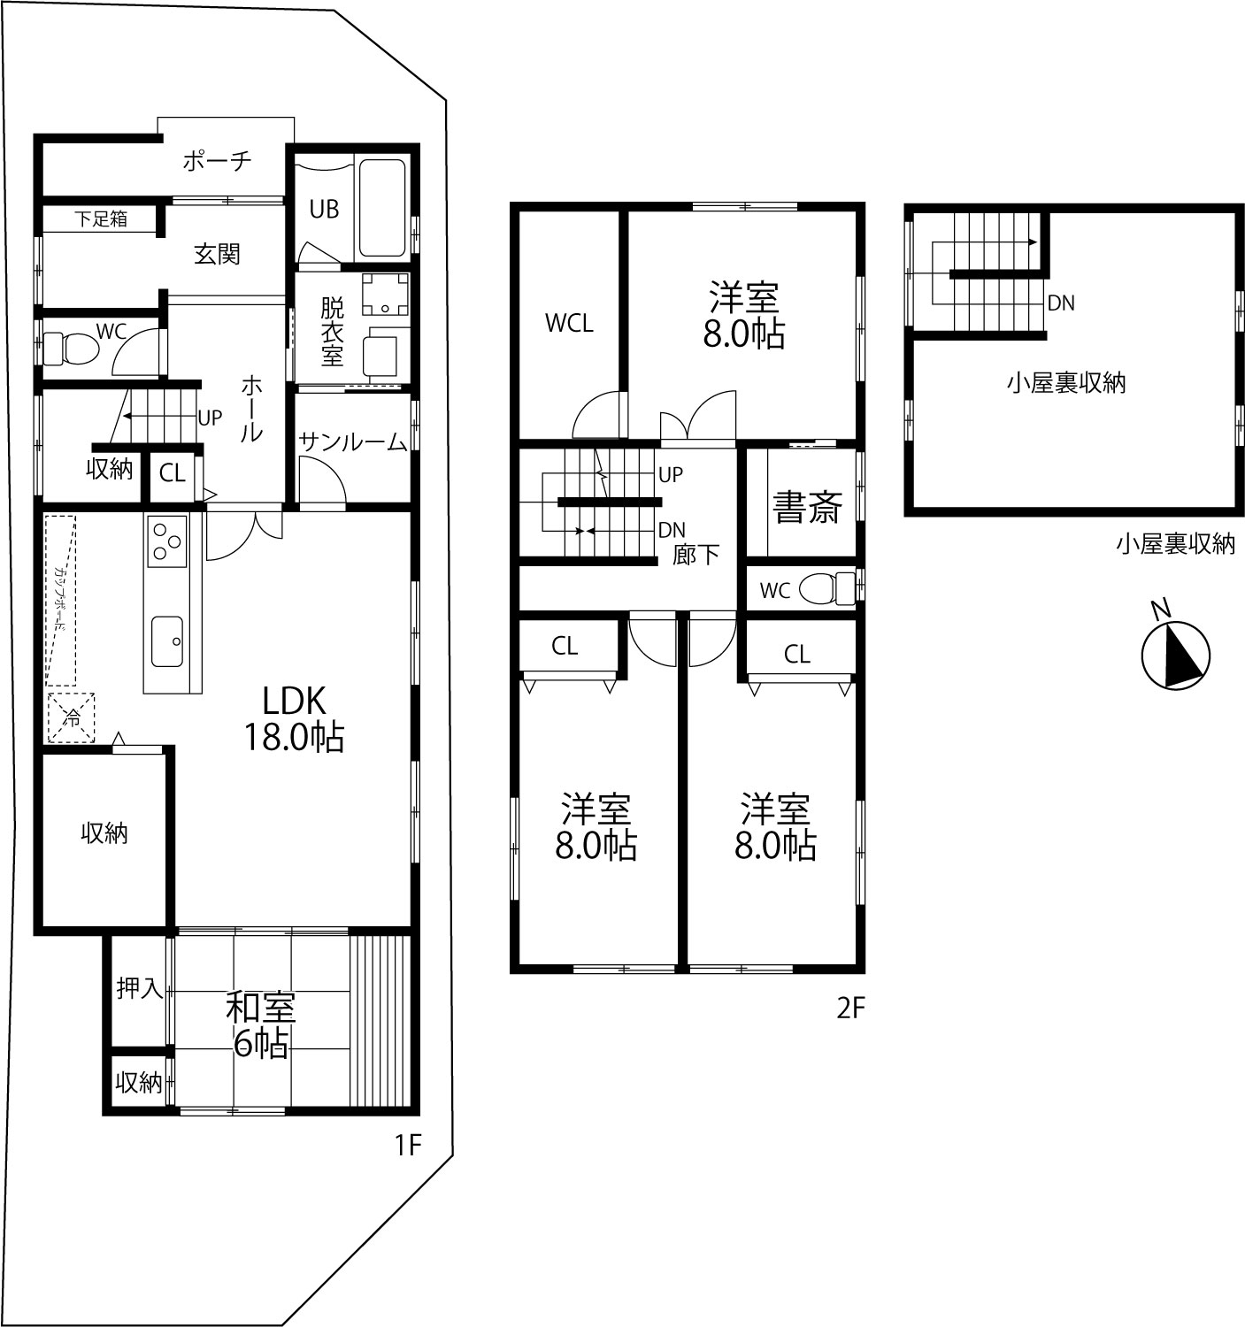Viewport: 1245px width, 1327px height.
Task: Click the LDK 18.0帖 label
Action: click(294, 719)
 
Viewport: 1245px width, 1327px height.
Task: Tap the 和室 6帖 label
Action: click(261, 1025)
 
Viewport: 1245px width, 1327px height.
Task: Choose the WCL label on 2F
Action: click(569, 324)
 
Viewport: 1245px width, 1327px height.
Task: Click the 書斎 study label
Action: click(807, 507)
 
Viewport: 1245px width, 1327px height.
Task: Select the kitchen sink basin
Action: click(167, 641)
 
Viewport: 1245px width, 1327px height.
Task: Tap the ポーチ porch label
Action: click(217, 160)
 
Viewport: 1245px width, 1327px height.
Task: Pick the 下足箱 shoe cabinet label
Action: click(100, 219)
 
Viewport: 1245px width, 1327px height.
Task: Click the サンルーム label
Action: click(352, 441)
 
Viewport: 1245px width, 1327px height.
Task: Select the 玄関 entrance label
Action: click(217, 254)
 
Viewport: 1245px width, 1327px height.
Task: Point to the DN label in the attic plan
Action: click(1061, 303)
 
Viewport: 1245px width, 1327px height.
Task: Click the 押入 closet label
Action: click(139, 988)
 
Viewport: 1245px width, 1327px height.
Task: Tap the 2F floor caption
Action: click(850, 1009)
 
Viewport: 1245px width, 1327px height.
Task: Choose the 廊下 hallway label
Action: click(696, 554)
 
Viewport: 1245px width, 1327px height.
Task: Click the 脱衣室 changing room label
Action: click(333, 332)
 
